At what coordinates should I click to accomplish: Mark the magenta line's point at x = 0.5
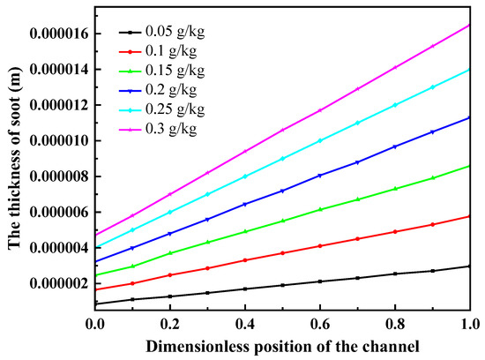point(282,130)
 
